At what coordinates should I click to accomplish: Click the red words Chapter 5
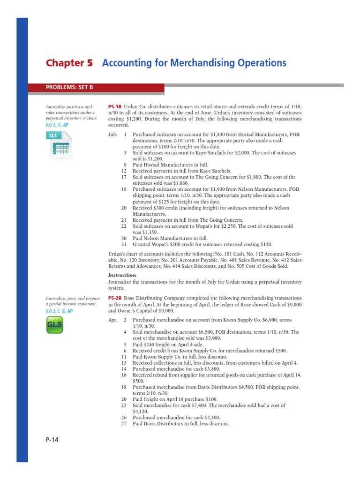pos(69,63)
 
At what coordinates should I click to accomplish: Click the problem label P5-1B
pos(115,107)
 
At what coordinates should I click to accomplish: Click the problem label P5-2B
pos(115,298)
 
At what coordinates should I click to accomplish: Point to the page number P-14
pos(52,440)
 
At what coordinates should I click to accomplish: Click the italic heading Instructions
pos(122,275)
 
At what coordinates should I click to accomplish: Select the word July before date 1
pos(112,135)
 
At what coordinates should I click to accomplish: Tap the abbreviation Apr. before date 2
pos(113,320)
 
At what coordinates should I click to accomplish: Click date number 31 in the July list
pos(124,244)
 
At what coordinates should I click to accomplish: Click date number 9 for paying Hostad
pos(125,165)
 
